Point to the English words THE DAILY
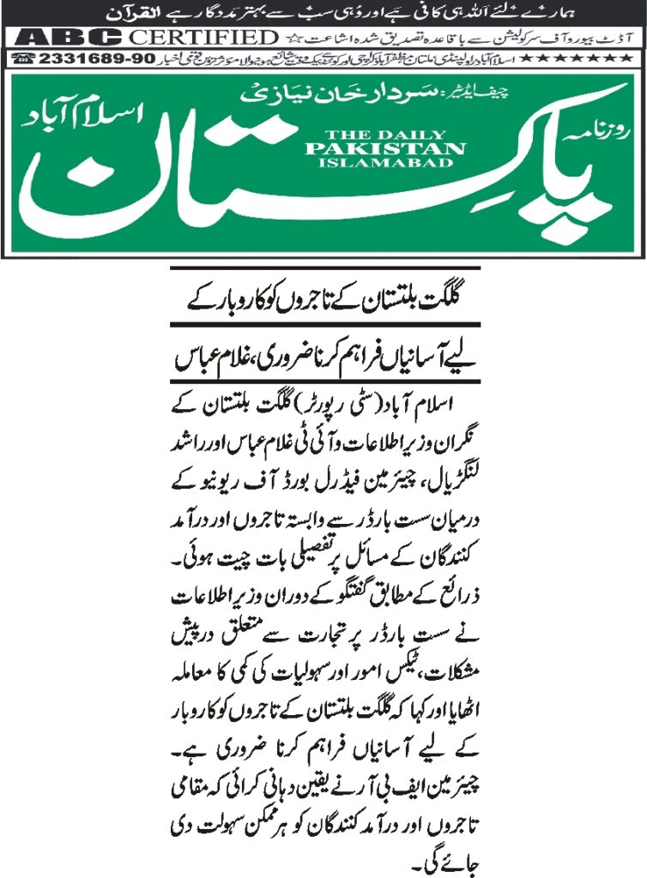tap(385, 133)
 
